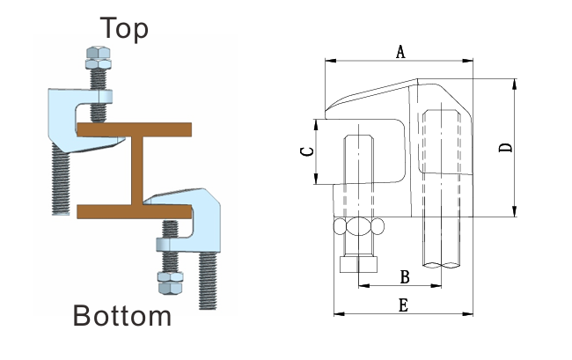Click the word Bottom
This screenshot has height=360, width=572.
121,314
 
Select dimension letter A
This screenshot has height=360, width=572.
400,52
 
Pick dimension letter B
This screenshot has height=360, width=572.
404,276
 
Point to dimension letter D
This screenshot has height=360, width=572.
505,147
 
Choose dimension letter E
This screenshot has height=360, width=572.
403,305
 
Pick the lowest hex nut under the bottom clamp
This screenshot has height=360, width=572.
168,282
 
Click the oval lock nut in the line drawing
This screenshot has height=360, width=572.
359,227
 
